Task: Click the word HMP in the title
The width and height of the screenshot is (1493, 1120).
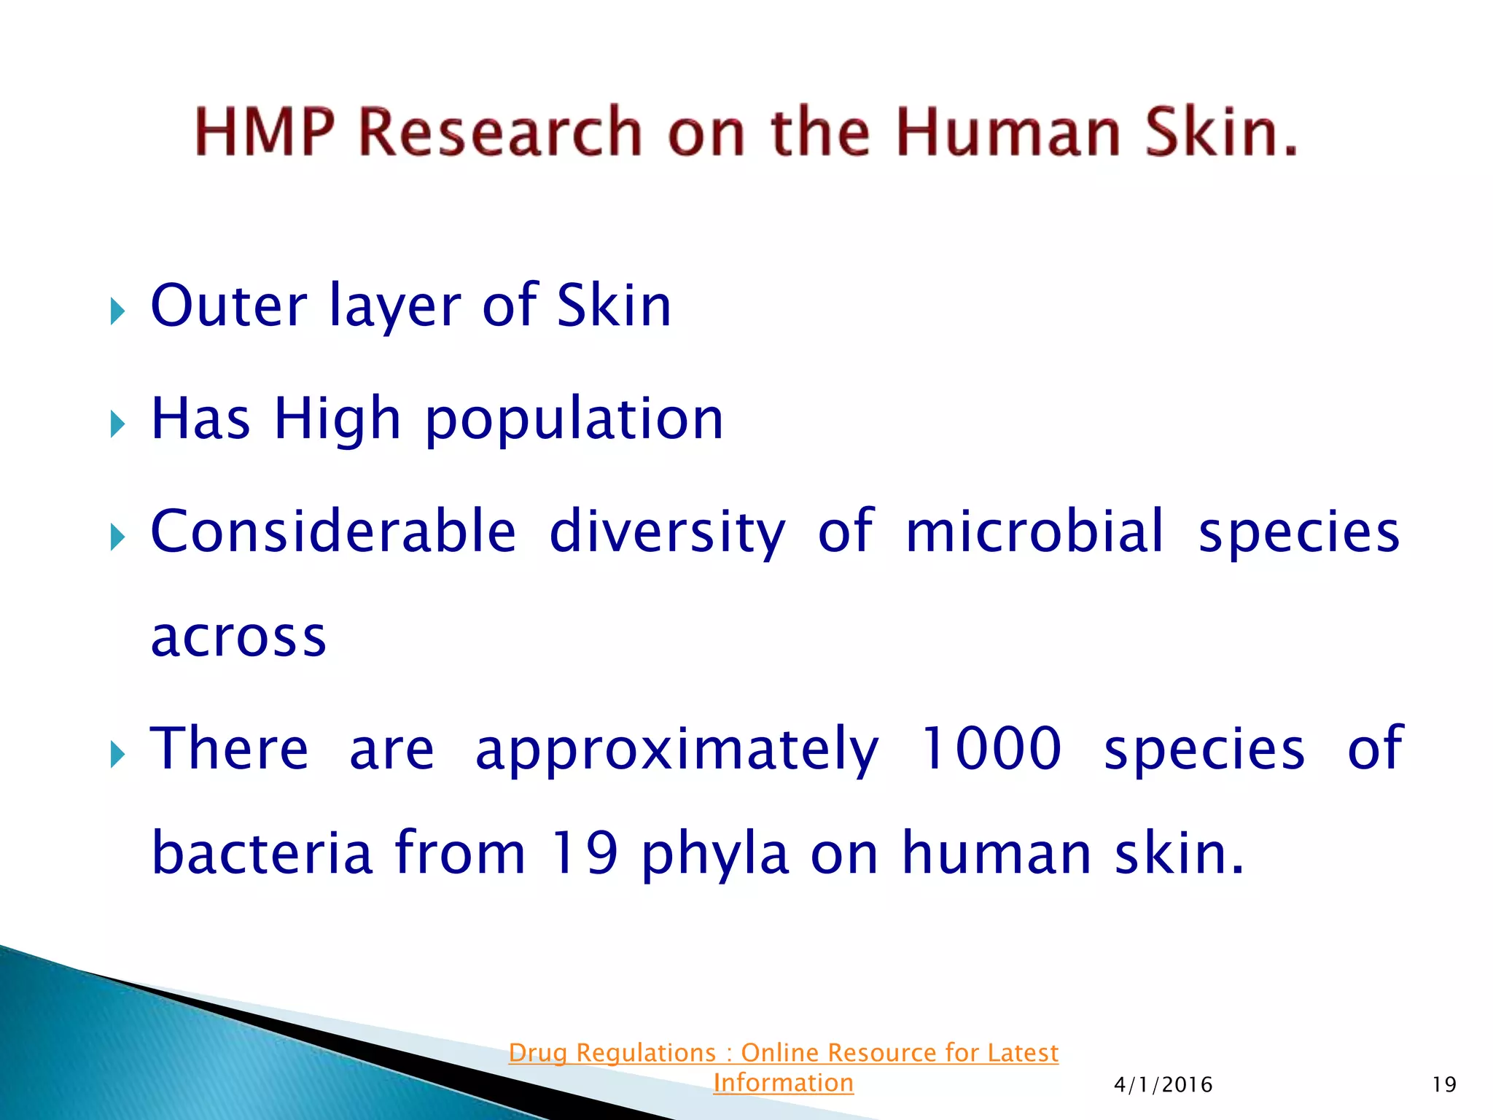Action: coord(265,132)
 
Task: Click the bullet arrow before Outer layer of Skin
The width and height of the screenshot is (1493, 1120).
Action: coord(117,311)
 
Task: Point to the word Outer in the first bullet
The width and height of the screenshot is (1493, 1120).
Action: coord(228,306)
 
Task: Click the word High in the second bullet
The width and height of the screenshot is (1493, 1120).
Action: coord(337,420)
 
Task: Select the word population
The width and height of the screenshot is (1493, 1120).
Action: coord(574,420)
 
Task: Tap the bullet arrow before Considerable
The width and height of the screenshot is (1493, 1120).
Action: coord(117,538)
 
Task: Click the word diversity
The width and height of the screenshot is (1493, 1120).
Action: coord(667,532)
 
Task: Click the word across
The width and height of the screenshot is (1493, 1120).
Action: coord(238,637)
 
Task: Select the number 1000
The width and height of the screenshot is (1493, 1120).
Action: coord(991,749)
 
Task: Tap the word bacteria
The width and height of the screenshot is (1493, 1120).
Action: coord(262,853)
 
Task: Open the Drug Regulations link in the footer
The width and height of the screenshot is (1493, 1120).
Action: coord(783,1067)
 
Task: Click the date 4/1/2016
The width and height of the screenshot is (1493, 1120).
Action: coord(1163,1085)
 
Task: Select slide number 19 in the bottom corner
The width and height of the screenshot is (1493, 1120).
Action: coord(1443,1085)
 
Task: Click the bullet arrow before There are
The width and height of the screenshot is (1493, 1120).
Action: coord(117,755)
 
